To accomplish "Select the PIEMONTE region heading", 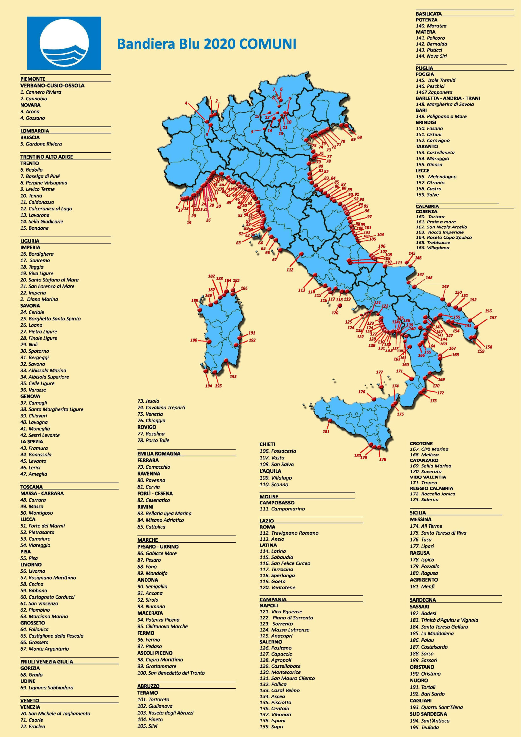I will click(33, 79).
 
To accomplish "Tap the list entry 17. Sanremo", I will click(35, 260).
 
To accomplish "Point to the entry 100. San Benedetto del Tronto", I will click(171, 673).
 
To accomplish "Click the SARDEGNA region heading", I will click(423, 600).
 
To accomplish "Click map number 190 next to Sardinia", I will click(194, 340).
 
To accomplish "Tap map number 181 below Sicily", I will click(326, 432).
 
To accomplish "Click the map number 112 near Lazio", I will click(290, 270).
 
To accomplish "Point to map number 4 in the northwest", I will click(186, 103).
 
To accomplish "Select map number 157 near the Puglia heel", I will click(493, 318).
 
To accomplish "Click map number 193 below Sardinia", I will click(233, 376).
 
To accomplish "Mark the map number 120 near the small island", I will click(335, 313).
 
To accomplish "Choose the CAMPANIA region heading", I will click(273, 599).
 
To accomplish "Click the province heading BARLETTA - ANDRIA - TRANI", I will click(448, 98).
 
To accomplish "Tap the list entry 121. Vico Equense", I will click(281, 611).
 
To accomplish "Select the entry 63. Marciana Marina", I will click(44, 616).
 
